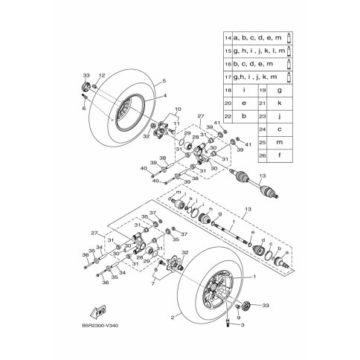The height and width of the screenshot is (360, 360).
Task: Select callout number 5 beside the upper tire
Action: coord(164,80)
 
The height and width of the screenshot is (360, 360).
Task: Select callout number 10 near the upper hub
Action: coord(178,109)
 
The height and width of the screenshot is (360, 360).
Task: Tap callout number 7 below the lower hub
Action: coord(153,284)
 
